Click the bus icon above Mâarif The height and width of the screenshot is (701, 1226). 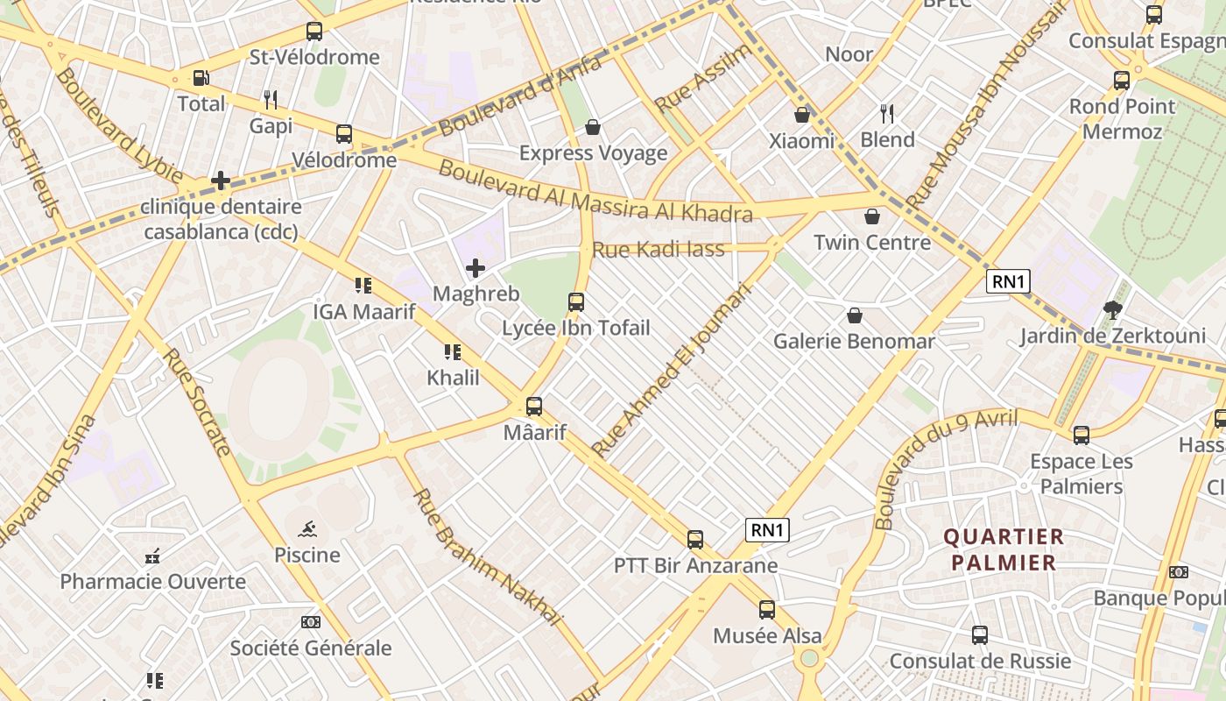534,407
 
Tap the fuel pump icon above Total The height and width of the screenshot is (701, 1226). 201,78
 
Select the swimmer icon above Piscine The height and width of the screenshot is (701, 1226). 307,529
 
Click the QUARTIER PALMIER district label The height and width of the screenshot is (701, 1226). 1004,549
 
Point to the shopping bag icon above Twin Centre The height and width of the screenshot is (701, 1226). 872,216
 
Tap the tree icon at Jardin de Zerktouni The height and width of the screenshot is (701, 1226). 1113,309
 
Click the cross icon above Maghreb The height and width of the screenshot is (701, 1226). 476,267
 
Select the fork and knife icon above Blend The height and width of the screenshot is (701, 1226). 887,113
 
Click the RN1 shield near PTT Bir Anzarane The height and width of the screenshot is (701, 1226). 768,529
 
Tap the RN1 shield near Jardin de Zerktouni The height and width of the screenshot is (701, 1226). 1008,281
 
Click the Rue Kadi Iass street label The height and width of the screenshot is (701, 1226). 659,250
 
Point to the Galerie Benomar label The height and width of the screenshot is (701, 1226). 854,341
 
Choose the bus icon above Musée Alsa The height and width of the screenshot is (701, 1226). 767,609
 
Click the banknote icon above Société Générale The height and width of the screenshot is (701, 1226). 310,622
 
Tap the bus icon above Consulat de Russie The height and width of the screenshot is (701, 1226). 980,634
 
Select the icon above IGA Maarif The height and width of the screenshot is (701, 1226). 363,285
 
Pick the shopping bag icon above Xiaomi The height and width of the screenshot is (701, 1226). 802,115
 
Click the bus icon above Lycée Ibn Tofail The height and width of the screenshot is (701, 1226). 576,302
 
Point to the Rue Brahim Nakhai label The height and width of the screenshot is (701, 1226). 486,557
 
